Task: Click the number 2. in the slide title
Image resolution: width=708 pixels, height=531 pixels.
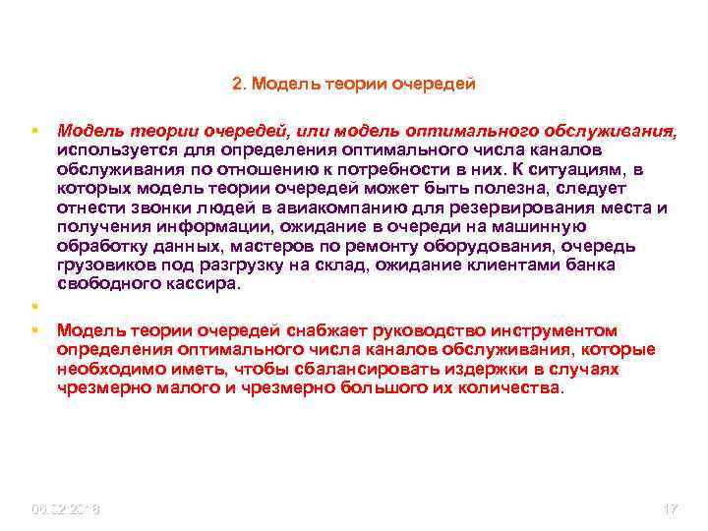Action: click(239, 84)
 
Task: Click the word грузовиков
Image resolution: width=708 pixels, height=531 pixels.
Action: click(101, 265)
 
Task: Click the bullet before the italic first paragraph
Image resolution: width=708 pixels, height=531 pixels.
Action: click(33, 130)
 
